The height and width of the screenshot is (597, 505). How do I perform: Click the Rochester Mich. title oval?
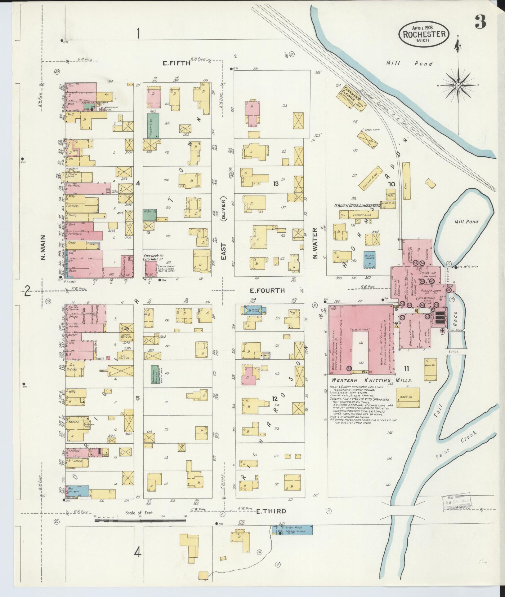[424, 35]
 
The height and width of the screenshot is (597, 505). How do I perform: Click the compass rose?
[458, 85]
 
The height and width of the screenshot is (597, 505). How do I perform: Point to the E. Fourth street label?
[267, 291]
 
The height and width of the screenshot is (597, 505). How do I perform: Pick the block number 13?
[275, 184]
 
